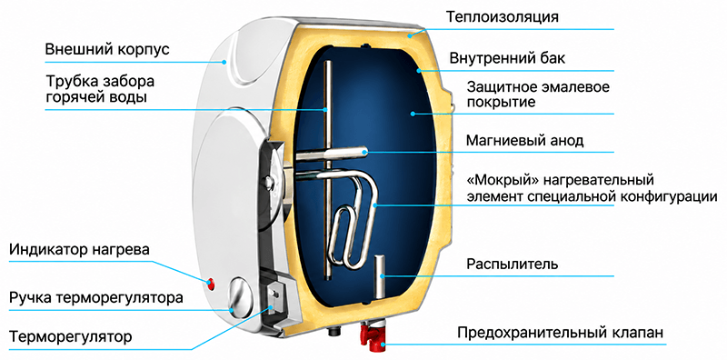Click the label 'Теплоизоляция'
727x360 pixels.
click(x=503, y=17)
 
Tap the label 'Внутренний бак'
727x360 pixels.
click(x=507, y=59)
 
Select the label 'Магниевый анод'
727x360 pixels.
click(x=524, y=140)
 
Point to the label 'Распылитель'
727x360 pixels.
click(x=513, y=265)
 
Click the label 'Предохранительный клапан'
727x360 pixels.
click(x=561, y=333)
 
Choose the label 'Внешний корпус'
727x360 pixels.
click(x=107, y=50)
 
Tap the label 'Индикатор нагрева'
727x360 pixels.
click(x=79, y=250)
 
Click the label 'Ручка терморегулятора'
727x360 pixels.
click(x=95, y=297)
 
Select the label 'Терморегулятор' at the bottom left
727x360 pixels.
click(x=70, y=336)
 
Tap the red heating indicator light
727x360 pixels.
click(x=211, y=283)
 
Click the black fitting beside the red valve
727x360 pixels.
click(x=334, y=332)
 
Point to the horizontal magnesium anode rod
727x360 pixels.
click(x=332, y=154)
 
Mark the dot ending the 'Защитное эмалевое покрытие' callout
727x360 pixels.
click(x=412, y=114)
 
